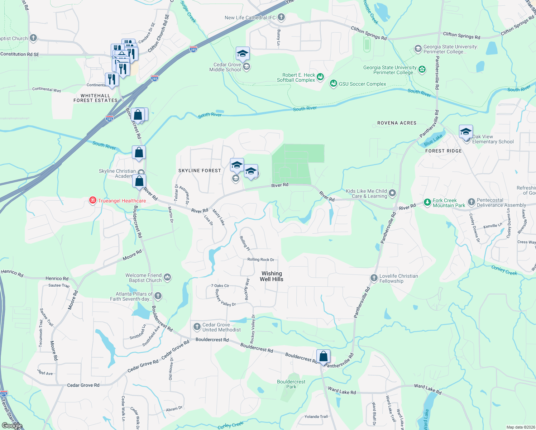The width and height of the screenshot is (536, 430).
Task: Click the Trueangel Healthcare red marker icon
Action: pyautogui.click(x=93, y=200)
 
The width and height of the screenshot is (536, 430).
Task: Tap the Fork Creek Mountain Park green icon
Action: pyautogui.click(x=427, y=202)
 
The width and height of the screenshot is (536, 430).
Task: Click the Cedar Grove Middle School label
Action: pyautogui.click(x=225, y=67)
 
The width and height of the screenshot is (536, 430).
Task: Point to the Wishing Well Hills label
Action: pyautogui.click(x=272, y=276)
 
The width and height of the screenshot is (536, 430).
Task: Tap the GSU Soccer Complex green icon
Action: pyautogui.click(x=333, y=84)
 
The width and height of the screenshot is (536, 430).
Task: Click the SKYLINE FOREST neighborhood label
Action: pyautogui.click(x=200, y=171)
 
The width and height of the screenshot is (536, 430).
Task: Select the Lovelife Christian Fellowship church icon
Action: pyautogui.click(x=374, y=278)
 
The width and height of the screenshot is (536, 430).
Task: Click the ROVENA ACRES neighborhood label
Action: pyautogui.click(x=397, y=123)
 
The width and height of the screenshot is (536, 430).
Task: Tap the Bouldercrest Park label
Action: pyautogui.click(x=291, y=384)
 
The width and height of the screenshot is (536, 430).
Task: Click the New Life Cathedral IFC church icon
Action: pyautogui.click(x=281, y=17)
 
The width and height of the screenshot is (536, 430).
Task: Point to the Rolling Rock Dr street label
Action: pyautogui.click(x=260, y=259)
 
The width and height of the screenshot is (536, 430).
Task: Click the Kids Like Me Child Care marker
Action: pyautogui.click(x=392, y=193)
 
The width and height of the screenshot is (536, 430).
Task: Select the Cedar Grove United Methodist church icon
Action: pyautogui.click(x=197, y=326)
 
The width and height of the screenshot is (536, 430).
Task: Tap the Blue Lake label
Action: pyautogui.click(x=433, y=140)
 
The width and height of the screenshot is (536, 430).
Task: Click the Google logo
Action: pyautogui.click(x=12, y=425)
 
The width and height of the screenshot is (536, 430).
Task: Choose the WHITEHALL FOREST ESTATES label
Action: pyautogui.click(x=95, y=98)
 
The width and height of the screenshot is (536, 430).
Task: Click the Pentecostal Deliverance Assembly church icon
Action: pyautogui.click(x=471, y=202)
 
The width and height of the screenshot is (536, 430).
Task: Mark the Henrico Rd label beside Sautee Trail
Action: pyautogui.click(x=57, y=278)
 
